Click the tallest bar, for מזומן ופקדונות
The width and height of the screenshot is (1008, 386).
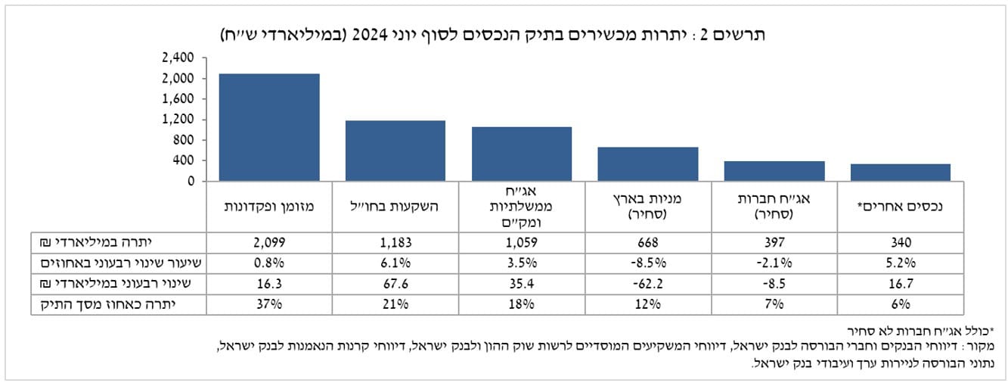[x=269, y=127]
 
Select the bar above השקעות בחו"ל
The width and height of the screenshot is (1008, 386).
[x=395, y=151]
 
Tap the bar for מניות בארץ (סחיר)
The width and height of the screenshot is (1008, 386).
[x=648, y=163]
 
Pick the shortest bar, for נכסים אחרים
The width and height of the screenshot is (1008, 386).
[x=900, y=172]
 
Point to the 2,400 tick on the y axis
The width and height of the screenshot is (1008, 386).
[x=179, y=58]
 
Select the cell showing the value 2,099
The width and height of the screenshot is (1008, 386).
[x=269, y=242]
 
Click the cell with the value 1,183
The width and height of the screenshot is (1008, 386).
[x=395, y=242]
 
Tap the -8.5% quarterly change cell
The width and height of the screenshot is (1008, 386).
[x=648, y=263]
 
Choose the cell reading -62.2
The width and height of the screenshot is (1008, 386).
[x=648, y=284]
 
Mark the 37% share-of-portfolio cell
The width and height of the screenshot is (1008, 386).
[x=269, y=304]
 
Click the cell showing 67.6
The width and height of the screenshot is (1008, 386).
[x=395, y=284]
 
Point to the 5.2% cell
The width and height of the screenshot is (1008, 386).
[x=900, y=263]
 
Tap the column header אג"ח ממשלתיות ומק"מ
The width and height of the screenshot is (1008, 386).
[x=522, y=206]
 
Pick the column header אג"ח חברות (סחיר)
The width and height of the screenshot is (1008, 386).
[x=774, y=206]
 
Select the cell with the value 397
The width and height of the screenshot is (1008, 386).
[x=774, y=242]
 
